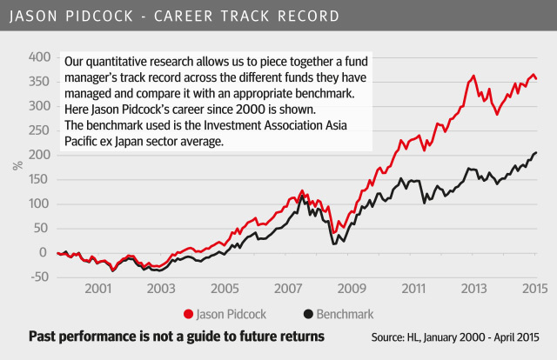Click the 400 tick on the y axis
click(40, 57)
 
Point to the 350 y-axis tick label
click(40, 81)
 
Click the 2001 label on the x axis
click(97, 288)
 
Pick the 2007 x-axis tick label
click(287, 288)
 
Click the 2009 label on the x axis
click(350, 288)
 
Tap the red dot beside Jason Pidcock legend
click(188, 312)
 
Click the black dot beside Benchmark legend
click(307, 312)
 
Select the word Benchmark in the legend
click(346, 312)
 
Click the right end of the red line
click(536, 78)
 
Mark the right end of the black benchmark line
click(536, 153)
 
